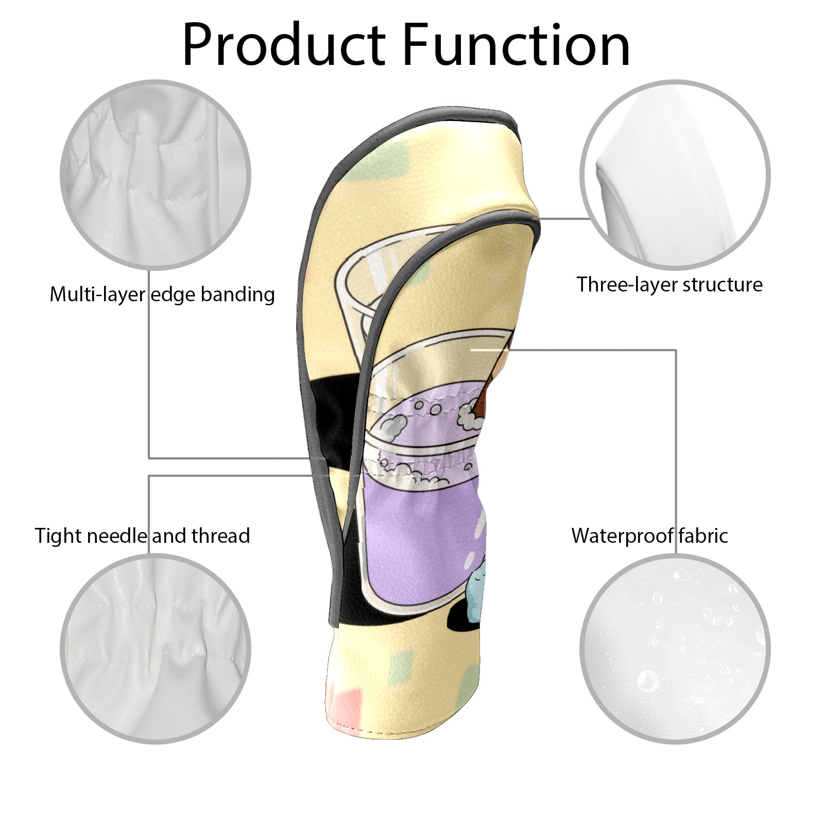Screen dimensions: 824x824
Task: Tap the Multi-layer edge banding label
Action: tap(162, 295)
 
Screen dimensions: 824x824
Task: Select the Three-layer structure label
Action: tap(669, 284)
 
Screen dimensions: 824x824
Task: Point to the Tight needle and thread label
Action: tap(142, 536)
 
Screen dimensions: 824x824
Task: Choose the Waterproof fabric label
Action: tap(649, 536)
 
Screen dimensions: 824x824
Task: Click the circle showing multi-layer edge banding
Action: tap(156, 174)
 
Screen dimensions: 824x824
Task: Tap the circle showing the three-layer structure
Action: tap(675, 174)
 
